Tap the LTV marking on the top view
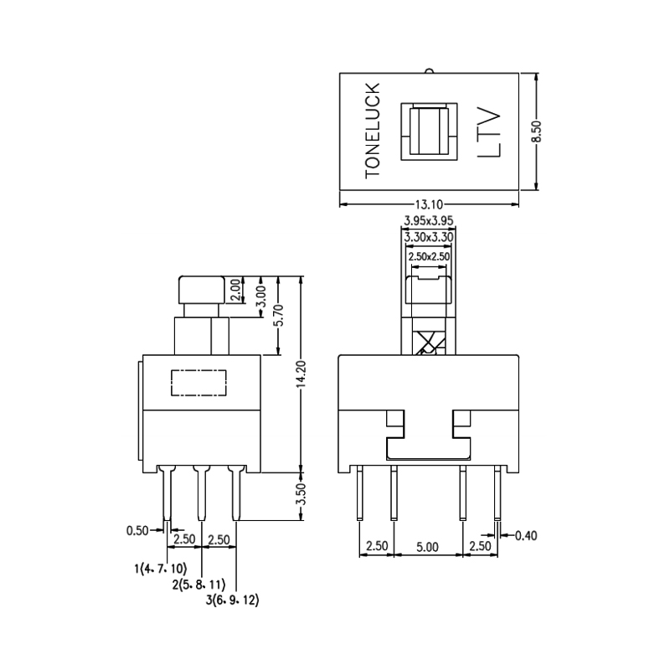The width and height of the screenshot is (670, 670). (488, 132)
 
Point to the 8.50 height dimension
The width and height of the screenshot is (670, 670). (538, 132)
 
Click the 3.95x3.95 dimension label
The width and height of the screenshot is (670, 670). (428, 220)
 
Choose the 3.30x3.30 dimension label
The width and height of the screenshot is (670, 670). (428, 238)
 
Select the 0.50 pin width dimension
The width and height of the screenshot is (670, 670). (138, 530)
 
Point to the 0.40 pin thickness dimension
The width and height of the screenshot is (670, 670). (526, 535)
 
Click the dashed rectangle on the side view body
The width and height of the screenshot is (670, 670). (198, 383)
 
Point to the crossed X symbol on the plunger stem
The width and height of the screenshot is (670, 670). (428, 343)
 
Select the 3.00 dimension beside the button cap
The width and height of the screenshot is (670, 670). (260, 296)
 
